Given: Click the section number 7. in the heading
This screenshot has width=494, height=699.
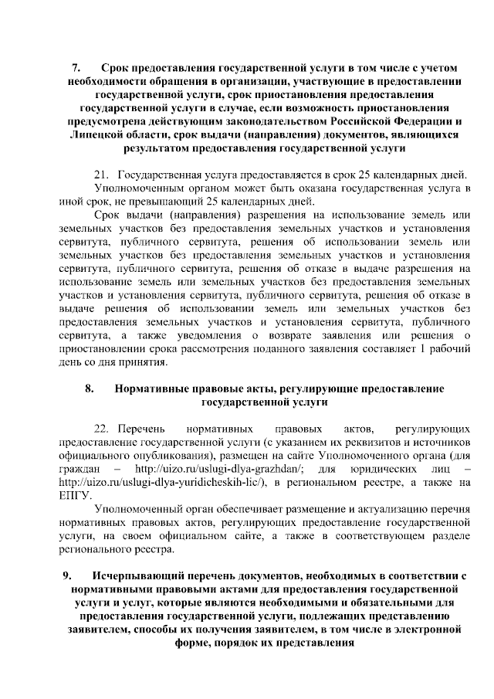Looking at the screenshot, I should pos(76,66).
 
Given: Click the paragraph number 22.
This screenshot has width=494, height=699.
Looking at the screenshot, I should pos(103,428).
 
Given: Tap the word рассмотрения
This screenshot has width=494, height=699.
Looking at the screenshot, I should pos(239,349).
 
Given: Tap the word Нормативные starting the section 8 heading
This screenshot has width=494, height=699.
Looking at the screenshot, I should pos(152,389).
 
